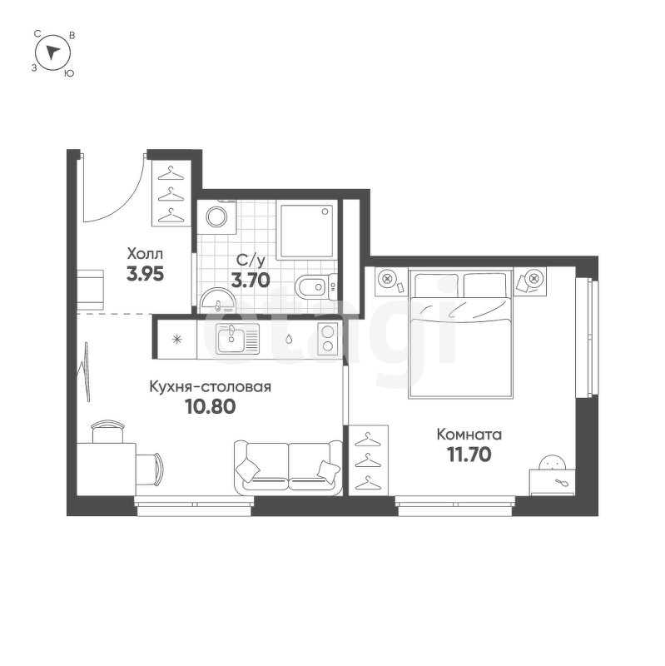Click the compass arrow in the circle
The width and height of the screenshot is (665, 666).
click(52, 52)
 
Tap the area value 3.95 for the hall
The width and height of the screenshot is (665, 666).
click(145, 275)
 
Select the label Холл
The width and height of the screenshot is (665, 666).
click(145, 254)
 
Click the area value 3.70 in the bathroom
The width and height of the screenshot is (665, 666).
click(251, 280)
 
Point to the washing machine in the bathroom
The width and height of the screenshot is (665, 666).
click(216, 217)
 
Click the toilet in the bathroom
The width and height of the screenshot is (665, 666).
click(315, 287)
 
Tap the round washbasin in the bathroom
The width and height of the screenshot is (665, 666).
click(218, 301)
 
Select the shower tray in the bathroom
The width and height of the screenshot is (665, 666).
click(306, 230)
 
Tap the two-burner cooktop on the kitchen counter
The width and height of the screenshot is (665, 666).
click(328, 339)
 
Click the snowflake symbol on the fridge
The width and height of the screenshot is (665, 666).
click(176, 340)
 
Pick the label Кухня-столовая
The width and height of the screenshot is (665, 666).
click(210, 387)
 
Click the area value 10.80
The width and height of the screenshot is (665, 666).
click(211, 407)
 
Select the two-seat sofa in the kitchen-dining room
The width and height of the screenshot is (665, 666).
click(288, 468)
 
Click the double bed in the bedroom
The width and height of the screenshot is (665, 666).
click(461, 333)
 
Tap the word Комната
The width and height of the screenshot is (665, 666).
click(469, 435)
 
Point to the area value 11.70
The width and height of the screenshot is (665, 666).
click(469, 455)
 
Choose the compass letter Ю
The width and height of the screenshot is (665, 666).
click(69, 73)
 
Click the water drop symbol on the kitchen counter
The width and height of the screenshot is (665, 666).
click(289, 339)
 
